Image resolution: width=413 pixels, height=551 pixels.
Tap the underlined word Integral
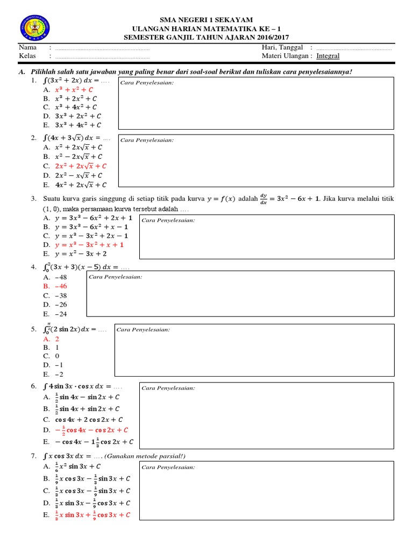point(327,56)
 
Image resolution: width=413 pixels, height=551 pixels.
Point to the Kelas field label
point(27,56)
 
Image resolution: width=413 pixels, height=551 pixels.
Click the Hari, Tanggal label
point(282,48)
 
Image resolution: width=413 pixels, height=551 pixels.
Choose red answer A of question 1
point(75,90)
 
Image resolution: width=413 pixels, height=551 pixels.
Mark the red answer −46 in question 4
point(60,286)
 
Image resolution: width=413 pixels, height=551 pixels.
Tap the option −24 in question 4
point(60,314)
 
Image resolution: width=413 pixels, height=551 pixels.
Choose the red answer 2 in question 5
point(57,339)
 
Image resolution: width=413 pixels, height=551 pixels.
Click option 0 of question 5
point(57,356)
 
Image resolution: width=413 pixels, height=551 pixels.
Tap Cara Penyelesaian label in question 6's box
point(168,388)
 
